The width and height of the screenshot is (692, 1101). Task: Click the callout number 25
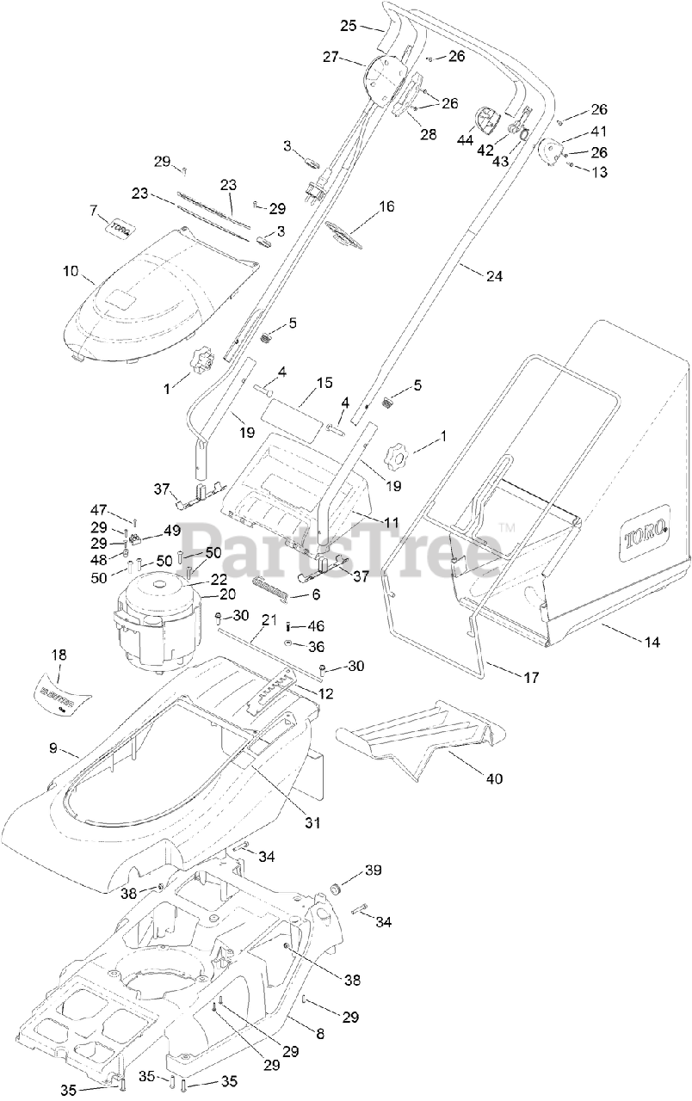349,26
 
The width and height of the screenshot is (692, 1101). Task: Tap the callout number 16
386,206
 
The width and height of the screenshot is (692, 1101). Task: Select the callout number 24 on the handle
494,276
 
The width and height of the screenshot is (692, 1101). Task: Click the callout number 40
494,778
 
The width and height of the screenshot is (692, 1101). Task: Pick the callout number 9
53,748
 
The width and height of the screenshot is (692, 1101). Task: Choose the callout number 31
312,822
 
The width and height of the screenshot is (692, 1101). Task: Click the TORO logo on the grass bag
646,540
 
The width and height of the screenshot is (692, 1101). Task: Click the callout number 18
59,655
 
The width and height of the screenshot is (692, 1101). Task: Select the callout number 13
599,172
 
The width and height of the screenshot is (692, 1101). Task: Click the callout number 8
319,1033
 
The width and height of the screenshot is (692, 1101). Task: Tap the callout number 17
531,678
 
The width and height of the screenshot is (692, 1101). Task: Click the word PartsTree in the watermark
345,548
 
